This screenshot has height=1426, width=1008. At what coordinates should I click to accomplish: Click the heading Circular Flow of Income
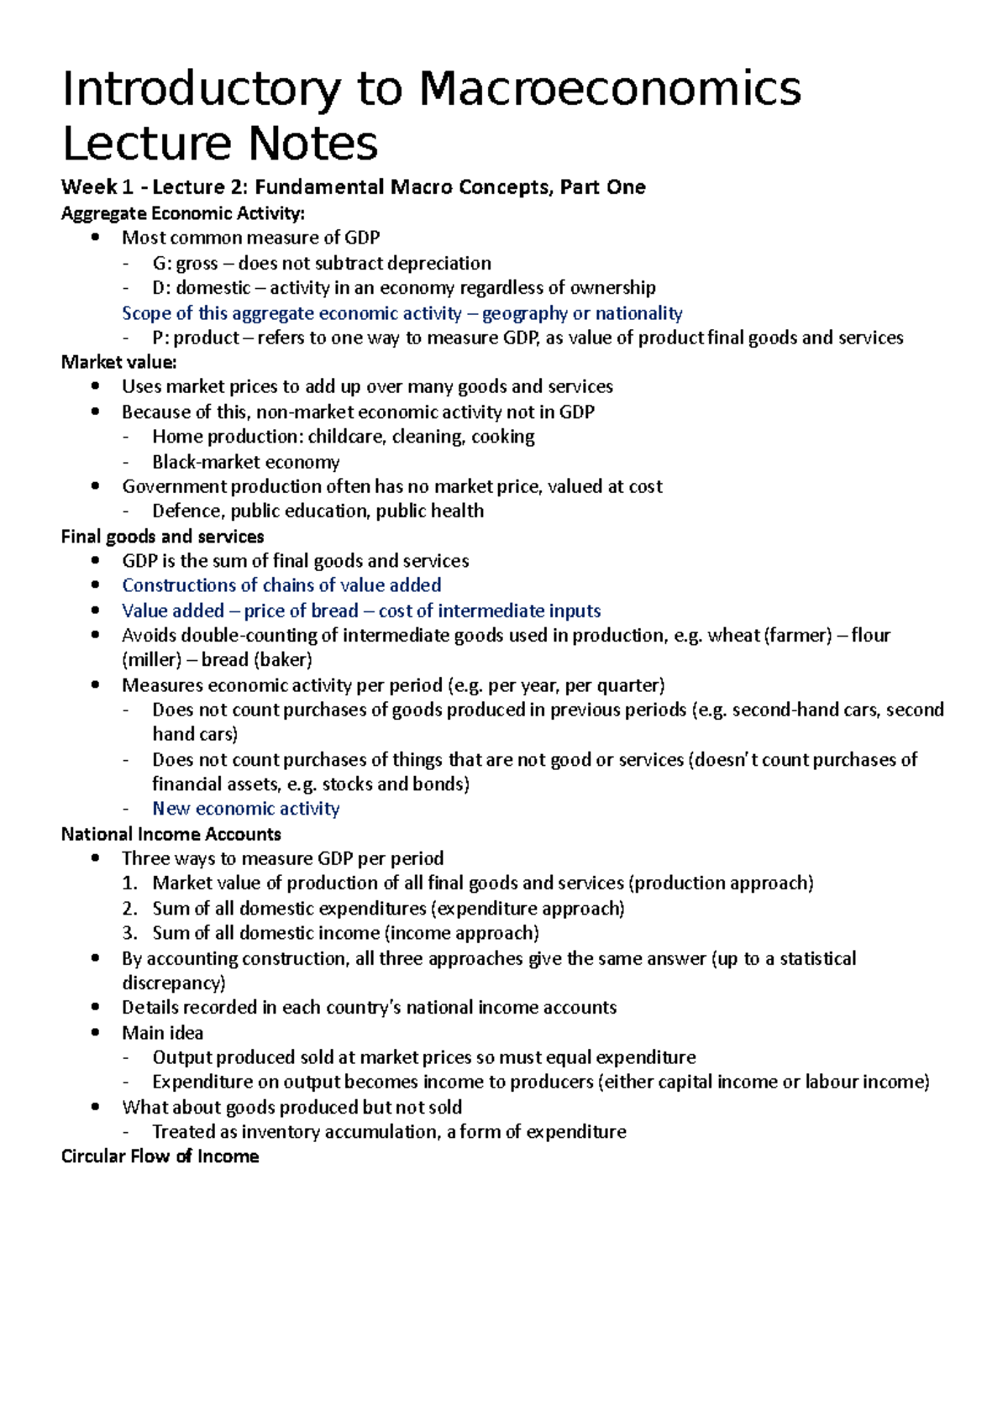point(160,1156)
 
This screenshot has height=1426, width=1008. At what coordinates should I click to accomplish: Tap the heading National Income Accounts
point(171,834)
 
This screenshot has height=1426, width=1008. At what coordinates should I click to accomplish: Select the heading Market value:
point(118,362)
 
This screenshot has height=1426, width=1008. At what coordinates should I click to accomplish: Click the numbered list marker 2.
point(129,909)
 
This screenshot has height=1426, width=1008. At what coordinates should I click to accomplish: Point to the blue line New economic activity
point(245,809)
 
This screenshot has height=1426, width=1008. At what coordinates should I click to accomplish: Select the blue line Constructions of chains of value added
point(281,585)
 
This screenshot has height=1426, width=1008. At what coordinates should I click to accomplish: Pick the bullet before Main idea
point(97,1033)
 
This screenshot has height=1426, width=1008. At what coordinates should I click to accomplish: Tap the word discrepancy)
point(173,983)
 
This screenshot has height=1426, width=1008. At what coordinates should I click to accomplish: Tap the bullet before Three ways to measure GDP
point(97,858)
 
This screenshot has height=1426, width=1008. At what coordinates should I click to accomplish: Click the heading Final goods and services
point(162,537)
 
